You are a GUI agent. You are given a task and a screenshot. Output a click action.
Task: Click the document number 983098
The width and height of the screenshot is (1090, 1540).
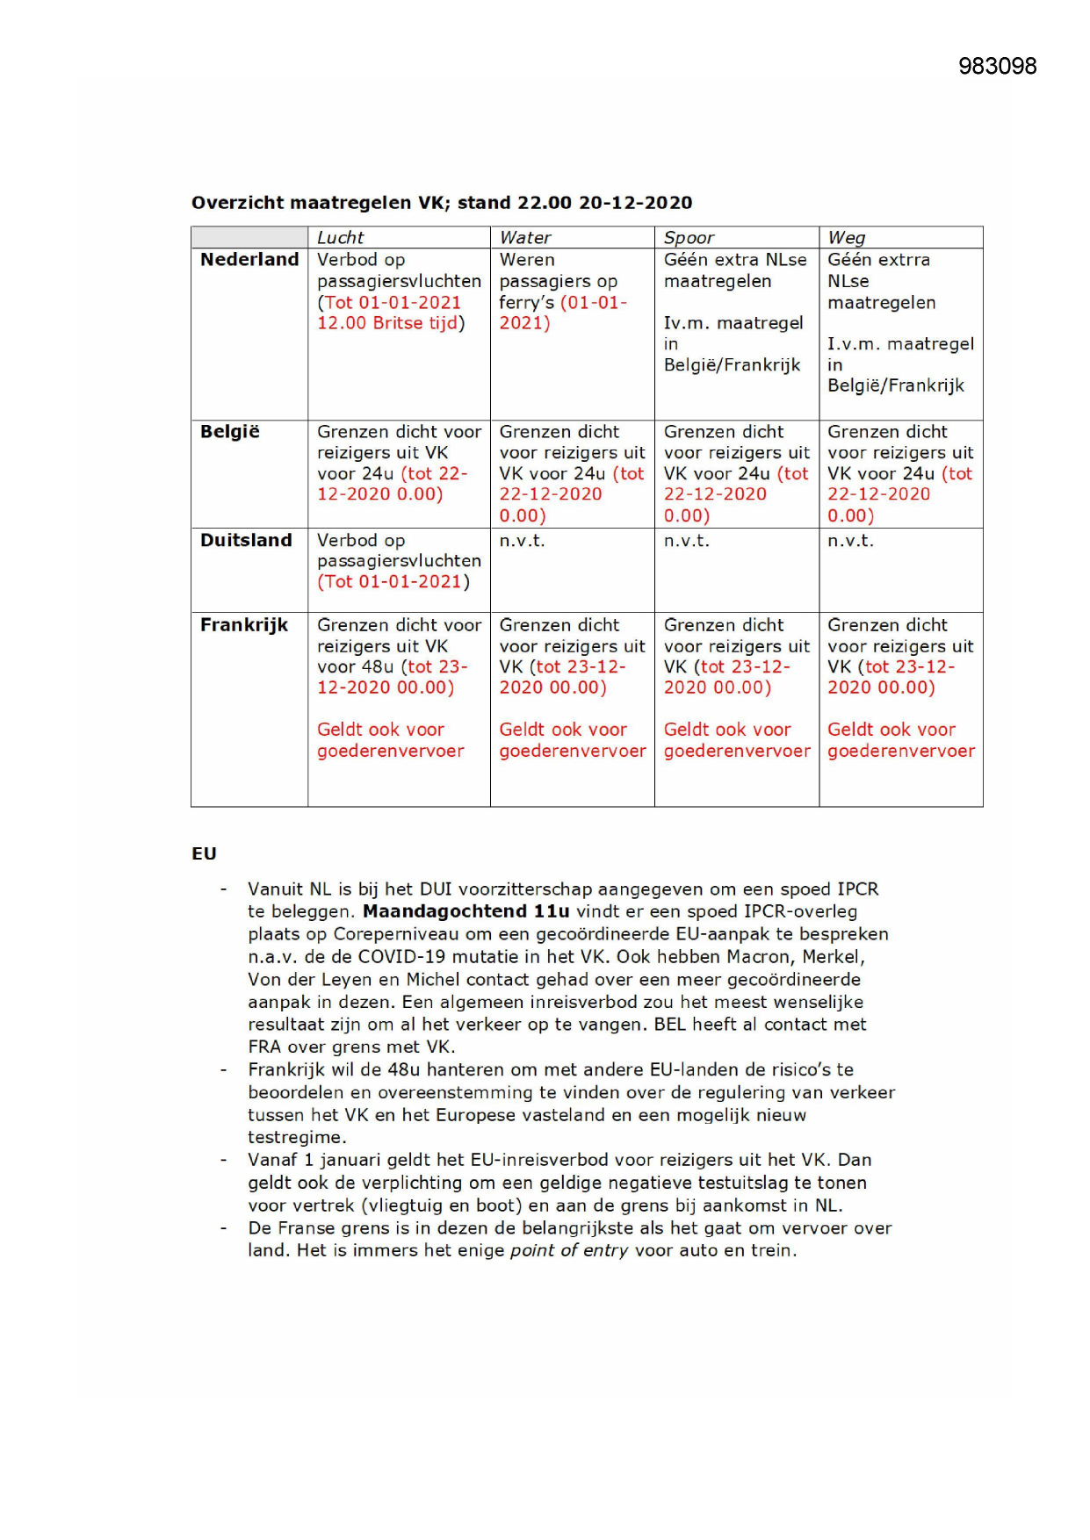pos(997,67)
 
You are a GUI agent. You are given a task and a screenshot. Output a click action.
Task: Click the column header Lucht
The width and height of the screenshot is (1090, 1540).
pos(340,237)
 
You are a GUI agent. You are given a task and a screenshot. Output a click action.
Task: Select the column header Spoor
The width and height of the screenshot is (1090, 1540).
pos(689,237)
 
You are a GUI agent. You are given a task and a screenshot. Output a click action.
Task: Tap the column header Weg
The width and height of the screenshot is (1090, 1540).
pos(846,237)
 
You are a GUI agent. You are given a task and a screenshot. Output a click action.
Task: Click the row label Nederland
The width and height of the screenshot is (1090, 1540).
pos(249,260)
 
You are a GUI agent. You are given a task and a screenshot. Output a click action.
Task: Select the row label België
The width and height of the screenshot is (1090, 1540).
pos(230,432)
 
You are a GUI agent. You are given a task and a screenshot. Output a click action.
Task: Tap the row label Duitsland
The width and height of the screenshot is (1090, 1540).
pos(246,541)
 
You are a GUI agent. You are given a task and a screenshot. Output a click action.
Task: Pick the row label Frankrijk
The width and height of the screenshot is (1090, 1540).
pos(244,625)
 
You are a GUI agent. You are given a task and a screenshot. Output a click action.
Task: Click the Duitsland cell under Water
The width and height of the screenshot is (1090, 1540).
pos(522,541)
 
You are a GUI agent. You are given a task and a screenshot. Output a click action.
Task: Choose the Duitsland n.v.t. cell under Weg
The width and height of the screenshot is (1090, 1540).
pos(850,541)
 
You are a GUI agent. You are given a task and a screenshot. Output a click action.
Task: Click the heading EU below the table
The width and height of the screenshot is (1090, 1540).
pos(204,853)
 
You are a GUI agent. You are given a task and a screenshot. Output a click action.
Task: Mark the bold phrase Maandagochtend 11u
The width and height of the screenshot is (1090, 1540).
pos(466,911)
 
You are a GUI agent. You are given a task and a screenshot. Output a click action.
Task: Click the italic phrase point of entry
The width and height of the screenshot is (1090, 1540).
pos(568,1250)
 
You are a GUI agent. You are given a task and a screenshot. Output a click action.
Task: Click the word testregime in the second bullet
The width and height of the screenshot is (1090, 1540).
pos(294,1138)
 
